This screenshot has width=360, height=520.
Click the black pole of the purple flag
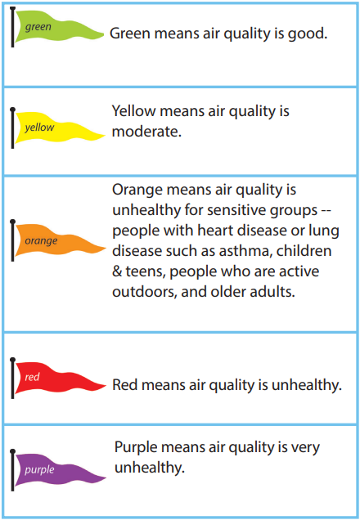(13, 468)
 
